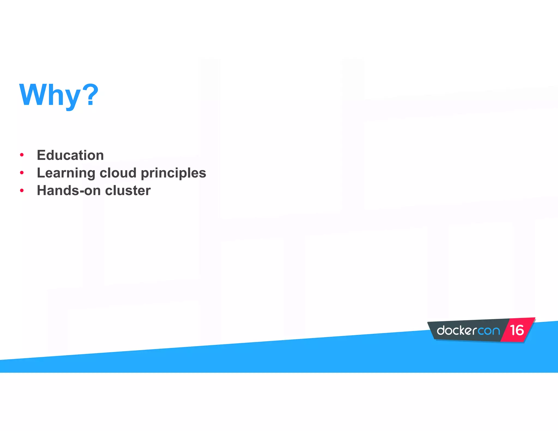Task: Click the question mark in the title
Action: pos(90,95)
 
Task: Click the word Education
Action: pos(70,155)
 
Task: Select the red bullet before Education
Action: pos(22,155)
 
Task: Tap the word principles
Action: pos(174,173)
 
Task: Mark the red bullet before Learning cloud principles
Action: pos(22,173)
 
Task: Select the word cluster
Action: pos(128,190)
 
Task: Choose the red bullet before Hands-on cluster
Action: pos(22,190)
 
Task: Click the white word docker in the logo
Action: pos(457,330)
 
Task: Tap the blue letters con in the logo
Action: pos(489,331)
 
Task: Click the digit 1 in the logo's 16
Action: pos(513,330)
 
